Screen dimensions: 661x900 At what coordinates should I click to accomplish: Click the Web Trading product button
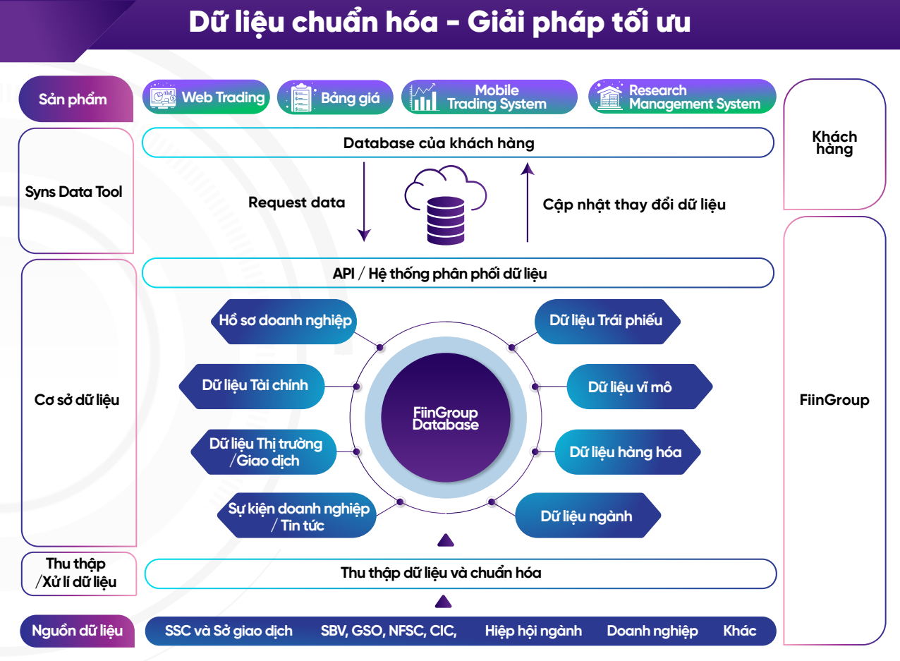(x=207, y=97)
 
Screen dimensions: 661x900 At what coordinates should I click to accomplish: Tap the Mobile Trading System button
(x=486, y=97)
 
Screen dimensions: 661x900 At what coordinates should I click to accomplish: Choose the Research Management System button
(x=682, y=97)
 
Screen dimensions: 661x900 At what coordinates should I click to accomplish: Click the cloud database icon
(x=445, y=205)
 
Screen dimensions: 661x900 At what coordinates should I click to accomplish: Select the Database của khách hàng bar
(x=458, y=143)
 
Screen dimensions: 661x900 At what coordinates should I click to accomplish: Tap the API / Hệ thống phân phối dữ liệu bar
(x=458, y=273)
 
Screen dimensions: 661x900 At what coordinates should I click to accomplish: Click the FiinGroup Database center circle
(x=445, y=418)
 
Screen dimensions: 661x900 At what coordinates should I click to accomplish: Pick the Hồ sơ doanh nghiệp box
(x=282, y=321)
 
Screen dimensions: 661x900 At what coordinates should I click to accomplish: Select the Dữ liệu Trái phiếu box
(x=605, y=320)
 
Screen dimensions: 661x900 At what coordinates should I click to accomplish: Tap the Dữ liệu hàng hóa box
(x=626, y=451)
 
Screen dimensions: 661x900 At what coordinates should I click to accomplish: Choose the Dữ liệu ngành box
(x=587, y=516)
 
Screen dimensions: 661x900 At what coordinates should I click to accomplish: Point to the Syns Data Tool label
(x=74, y=191)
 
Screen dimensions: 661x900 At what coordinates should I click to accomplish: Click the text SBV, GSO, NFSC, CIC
(x=389, y=631)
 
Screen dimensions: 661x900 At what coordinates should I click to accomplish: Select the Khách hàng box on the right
(x=834, y=143)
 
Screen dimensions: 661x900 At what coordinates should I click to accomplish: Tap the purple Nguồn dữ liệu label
(x=77, y=631)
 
